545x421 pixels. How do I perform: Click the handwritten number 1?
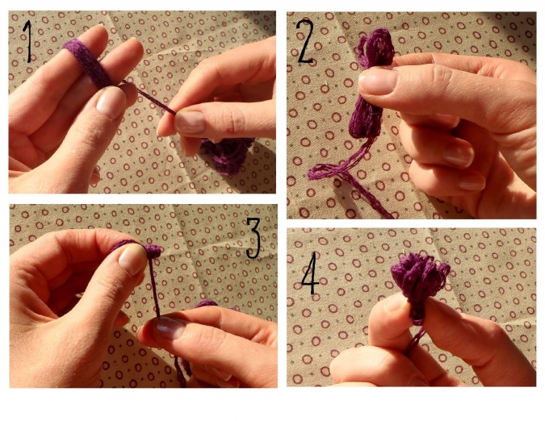[27, 41]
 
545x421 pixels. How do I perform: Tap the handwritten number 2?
[305, 42]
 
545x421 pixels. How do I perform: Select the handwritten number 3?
[254, 238]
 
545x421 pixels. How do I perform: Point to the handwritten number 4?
[310, 273]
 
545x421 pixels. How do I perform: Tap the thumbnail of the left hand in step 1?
[111, 102]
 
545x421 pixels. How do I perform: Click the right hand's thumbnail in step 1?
[190, 122]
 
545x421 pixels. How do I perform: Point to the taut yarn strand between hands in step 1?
[150, 97]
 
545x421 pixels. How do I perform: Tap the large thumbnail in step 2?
[378, 81]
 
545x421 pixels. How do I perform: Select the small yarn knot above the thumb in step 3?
[153, 251]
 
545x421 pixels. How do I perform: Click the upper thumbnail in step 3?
[132, 259]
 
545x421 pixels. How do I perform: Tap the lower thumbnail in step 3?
[170, 327]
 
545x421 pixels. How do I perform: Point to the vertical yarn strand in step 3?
[154, 287]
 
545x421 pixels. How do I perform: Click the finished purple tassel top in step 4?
[420, 277]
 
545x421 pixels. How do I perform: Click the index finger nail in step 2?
[459, 155]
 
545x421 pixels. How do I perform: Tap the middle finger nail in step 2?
[472, 183]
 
